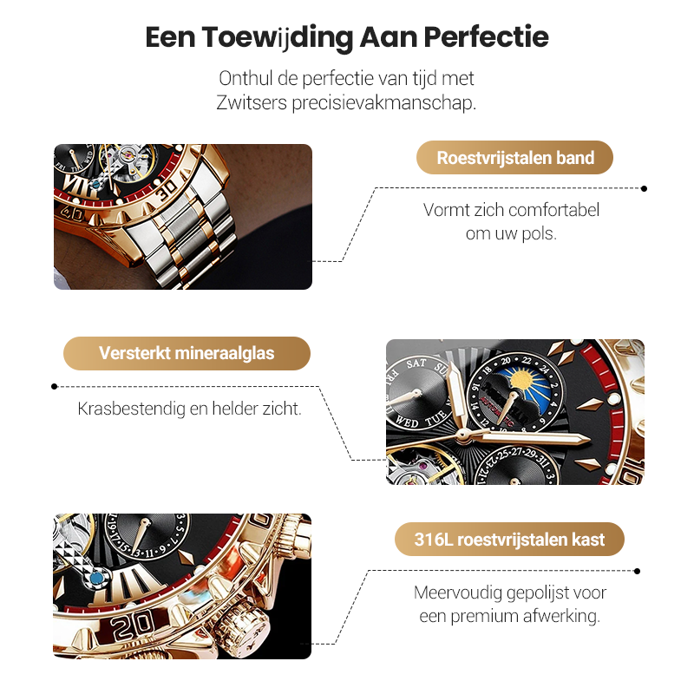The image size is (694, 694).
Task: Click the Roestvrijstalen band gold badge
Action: pyautogui.click(x=515, y=158)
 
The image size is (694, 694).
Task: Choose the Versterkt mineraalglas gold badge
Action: pyautogui.click(x=187, y=353)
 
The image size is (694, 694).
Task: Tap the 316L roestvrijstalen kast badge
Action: pyautogui.click(x=509, y=539)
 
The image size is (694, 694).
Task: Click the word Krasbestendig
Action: pyautogui.click(x=131, y=408)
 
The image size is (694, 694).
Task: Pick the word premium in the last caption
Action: pyautogui.click(x=490, y=616)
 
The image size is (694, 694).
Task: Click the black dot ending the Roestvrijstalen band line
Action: pyautogui.click(x=644, y=187)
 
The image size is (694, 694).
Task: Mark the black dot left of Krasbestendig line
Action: pyautogui.click(x=55, y=387)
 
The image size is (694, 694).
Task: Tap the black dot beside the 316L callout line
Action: pyautogui.click(x=638, y=571)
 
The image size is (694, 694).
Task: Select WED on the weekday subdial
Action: pyautogui.click(x=408, y=422)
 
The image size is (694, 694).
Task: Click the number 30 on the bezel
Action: pyautogui.click(x=167, y=185)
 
